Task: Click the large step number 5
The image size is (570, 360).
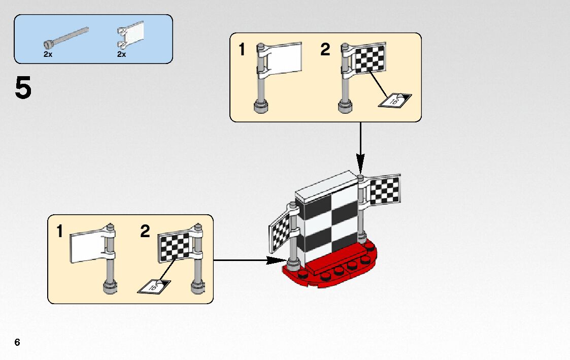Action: [23, 89]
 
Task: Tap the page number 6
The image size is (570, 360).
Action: [17, 342]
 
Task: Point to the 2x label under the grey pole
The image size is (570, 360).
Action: [48, 54]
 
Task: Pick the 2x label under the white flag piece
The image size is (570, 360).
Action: [121, 54]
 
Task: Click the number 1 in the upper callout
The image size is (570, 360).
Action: [242, 50]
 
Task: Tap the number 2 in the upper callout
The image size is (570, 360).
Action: [325, 50]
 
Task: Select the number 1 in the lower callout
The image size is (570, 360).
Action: [60, 232]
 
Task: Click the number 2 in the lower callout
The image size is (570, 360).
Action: [145, 232]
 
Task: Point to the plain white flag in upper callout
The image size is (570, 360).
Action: [285, 58]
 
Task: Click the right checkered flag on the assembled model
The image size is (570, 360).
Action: [384, 190]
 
